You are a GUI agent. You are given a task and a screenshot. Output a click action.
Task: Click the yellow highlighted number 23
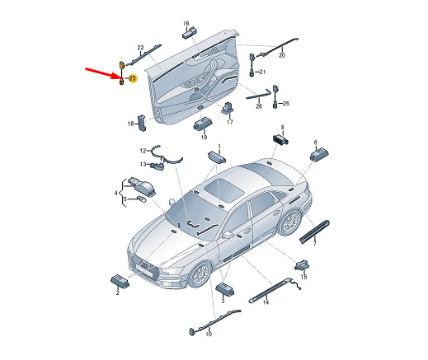point(132,77)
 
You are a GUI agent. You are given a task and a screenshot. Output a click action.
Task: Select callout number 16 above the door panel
point(186,23)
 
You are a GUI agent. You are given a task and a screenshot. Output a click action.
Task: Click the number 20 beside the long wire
point(281,56)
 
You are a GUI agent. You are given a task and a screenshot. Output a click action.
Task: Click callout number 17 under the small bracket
point(230,122)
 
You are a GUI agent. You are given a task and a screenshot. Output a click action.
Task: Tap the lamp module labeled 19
point(202,124)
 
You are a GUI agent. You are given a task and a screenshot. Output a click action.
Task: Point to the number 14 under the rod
point(266,302)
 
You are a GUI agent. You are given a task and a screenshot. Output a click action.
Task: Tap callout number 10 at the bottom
point(208,334)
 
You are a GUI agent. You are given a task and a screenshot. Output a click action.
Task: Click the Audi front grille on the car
point(143,270)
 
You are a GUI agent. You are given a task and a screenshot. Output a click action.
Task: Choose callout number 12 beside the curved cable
point(142,150)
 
